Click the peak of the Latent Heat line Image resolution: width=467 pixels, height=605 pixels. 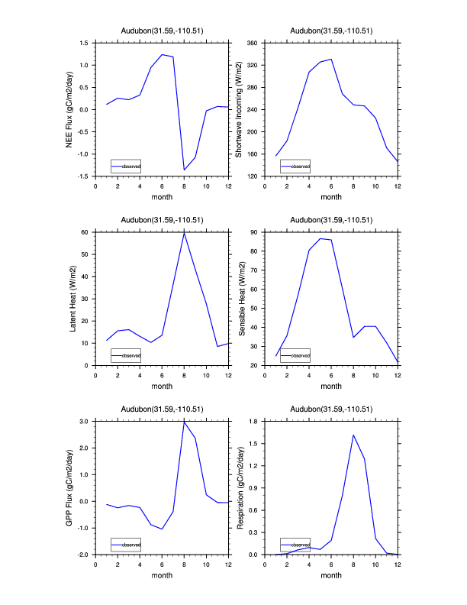[184, 232]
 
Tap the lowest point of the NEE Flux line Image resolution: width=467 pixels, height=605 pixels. [184, 170]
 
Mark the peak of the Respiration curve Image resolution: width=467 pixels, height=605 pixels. [353, 435]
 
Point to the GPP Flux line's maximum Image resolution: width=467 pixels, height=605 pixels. [184, 422]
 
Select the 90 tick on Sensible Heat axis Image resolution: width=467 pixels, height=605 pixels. [257, 231]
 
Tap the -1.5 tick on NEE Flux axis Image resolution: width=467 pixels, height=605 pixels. [85, 176]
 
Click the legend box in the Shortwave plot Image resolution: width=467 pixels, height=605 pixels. [295, 166]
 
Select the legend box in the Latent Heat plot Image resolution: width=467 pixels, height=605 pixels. [125, 355]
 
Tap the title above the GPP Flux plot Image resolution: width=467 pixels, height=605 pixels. [162, 409]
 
